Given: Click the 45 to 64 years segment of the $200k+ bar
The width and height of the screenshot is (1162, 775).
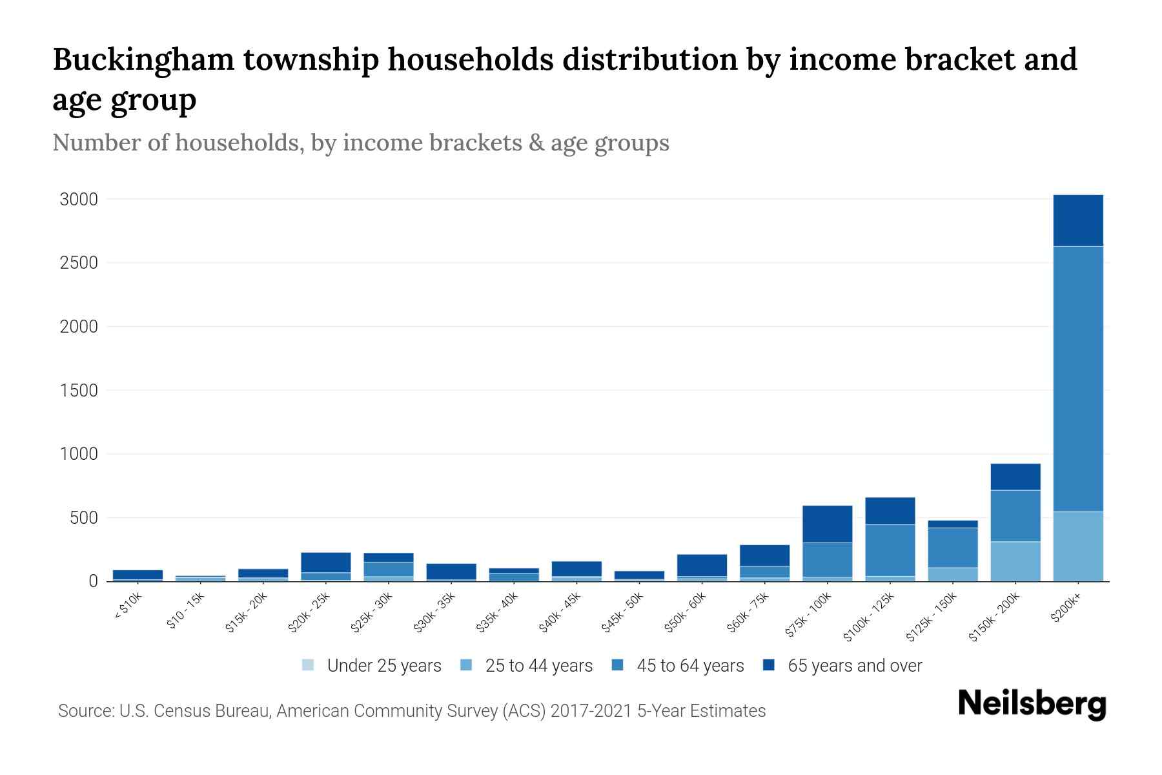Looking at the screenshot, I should pyautogui.click(x=1077, y=378).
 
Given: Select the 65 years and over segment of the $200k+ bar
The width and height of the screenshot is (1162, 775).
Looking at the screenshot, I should pyautogui.click(x=1077, y=220).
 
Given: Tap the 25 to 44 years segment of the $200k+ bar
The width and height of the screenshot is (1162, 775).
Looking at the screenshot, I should pyautogui.click(x=1077, y=546).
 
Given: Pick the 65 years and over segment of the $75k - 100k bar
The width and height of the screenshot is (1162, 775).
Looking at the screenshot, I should pyautogui.click(x=827, y=524).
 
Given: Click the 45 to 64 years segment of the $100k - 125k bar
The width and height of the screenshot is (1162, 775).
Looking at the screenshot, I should pyautogui.click(x=890, y=550).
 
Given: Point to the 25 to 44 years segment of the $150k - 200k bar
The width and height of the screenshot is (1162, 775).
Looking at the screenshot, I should pyautogui.click(x=1015, y=561).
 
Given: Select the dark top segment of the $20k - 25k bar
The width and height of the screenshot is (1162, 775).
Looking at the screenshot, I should pyautogui.click(x=325, y=562).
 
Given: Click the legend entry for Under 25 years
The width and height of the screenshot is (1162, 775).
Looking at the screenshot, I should pyautogui.click(x=372, y=665).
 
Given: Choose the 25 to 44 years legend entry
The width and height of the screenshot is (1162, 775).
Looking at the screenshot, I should pyautogui.click(x=527, y=665).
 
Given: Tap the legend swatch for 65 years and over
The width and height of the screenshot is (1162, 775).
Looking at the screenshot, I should pyautogui.click(x=769, y=665).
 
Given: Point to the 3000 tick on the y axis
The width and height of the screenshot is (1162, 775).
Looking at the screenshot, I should pyautogui.click(x=79, y=200).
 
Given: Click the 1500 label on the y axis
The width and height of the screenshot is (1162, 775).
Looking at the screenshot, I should pyautogui.click(x=79, y=391).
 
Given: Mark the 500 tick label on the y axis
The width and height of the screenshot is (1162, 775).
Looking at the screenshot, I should pyautogui.click(x=84, y=518).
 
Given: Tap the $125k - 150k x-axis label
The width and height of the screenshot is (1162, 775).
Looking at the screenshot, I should pyautogui.click(x=932, y=618).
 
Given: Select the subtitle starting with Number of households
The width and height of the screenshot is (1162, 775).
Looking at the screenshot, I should pyautogui.click(x=360, y=143).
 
